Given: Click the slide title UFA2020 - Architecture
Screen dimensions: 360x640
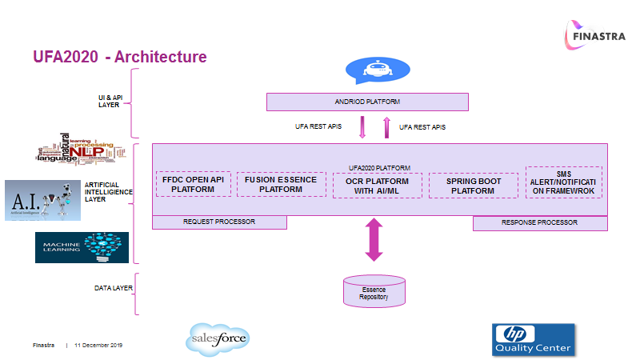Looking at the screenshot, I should [x=120, y=58].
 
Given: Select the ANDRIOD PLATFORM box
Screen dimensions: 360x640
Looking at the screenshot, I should [x=366, y=102].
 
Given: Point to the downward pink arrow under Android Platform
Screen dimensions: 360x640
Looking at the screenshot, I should [x=362, y=127].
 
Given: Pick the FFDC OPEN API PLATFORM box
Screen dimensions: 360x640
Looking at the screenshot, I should [x=193, y=184].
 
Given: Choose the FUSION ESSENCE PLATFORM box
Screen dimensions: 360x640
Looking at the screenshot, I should [x=281, y=184].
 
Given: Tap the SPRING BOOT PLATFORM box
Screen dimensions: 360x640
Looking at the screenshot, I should [x=472, y=186].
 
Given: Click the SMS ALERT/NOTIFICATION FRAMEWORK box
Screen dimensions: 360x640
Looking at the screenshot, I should [x=563, y=182].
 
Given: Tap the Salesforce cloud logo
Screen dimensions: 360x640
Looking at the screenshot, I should [x=219, y=339].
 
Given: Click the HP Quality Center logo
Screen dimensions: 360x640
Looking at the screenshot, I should [x=532, y=339].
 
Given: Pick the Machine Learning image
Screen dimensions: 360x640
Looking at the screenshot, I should [x=82, y=247].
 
